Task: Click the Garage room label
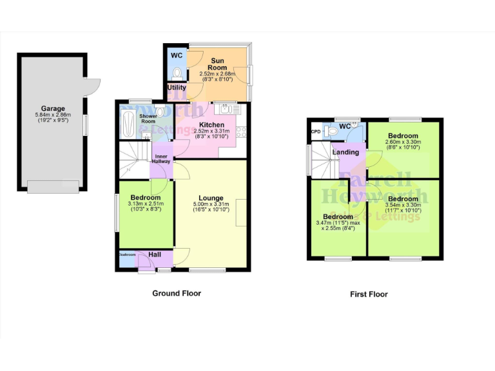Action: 53,109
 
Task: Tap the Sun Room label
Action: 218,63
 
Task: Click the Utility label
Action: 177,88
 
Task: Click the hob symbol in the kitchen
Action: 242,132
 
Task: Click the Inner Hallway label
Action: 161,158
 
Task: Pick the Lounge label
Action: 211,198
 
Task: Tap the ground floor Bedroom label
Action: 145,198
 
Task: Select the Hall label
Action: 155,255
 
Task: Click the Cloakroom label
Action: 127,254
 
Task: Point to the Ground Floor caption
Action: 176,293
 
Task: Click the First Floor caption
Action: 369,294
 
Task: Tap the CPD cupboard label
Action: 315,131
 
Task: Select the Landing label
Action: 345,152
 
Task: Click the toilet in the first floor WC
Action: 333,131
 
